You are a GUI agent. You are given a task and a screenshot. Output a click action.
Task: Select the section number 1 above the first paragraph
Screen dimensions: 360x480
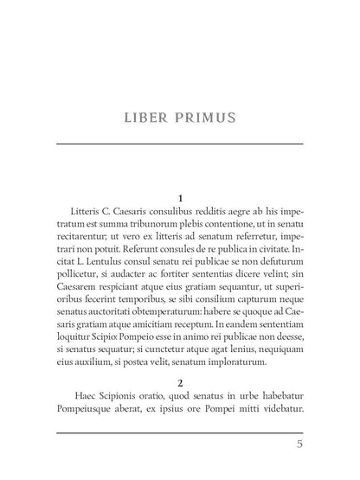pyautogui.click(x=179, y=198)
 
